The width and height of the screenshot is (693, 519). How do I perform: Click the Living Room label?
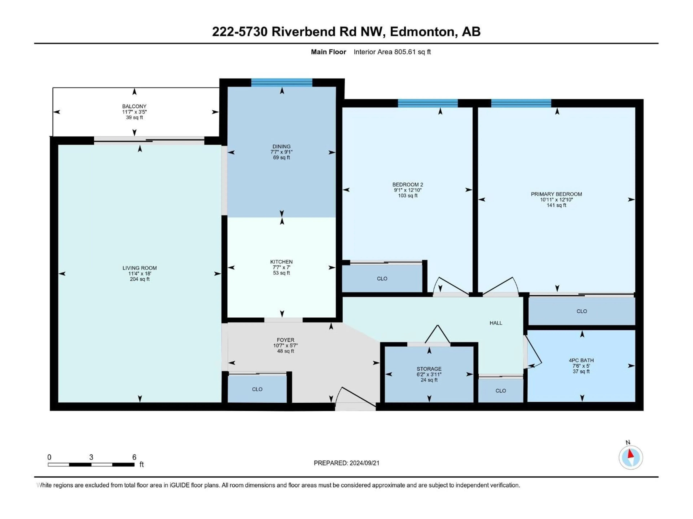[x=140, y=268]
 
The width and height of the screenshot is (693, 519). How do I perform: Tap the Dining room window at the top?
[x=282, y=83]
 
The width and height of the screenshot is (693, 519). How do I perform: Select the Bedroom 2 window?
[x=428, y=103]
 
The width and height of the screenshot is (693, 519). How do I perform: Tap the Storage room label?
[x=429, y=369]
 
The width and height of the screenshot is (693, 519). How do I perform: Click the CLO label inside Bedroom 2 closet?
[x=382, y=279]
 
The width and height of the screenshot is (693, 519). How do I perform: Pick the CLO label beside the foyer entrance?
[x=257, y=389]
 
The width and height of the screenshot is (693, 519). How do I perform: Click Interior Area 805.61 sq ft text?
[x=392, y=52]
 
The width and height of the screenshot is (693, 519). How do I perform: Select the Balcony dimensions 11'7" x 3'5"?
[x=134, y=112]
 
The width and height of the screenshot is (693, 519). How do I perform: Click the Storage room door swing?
[x=437, y=335]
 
